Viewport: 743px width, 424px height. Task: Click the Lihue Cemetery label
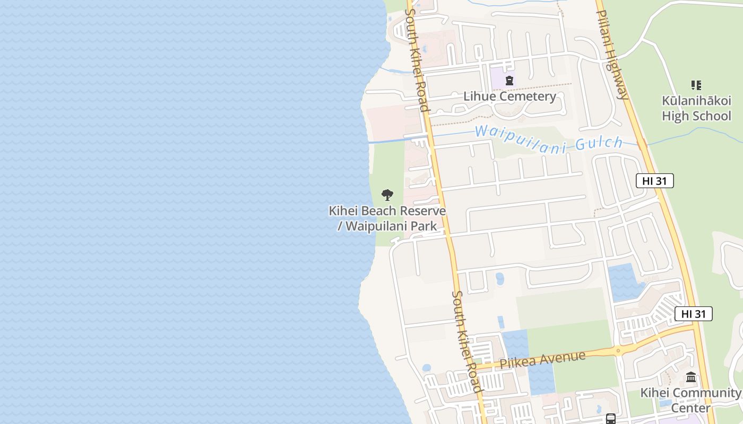coord(509,96)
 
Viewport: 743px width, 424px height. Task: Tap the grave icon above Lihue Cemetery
coord(509,81)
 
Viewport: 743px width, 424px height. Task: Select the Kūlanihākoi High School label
coord(696,108)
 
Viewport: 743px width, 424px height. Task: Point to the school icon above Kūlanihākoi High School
coord(696,85)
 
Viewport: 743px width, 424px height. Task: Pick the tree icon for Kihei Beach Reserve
coord(387,195)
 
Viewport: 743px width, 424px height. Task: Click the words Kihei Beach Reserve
coord(387,211)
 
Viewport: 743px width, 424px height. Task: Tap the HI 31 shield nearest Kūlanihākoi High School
coord(654,181)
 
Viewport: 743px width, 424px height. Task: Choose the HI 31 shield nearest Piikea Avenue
coord(694,314)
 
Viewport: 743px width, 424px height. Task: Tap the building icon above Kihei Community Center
coord(691,378)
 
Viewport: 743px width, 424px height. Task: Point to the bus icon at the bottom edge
coord(611,419)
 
